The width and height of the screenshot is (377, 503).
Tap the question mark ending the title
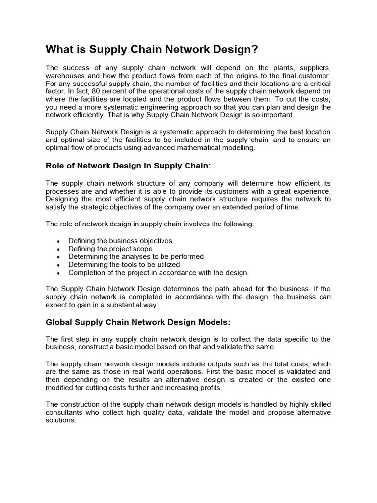tap(255, 50)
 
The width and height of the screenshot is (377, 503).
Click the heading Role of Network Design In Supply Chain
tap(132, 166)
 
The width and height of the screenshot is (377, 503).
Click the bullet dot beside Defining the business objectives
tap(59, 241)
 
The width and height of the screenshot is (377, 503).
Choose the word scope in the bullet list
tap(143, 249)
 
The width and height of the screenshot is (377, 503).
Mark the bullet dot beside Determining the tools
tap(59, 265)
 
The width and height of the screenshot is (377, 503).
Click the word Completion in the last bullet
tap(86, 272)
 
